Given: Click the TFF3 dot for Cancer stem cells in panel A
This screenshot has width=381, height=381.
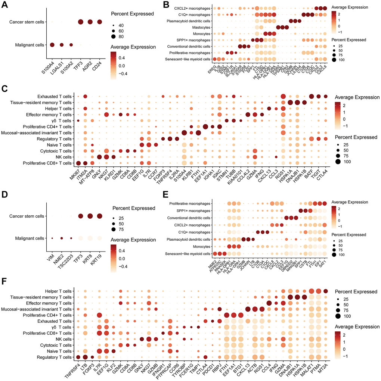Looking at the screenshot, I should click(x=80, y=22).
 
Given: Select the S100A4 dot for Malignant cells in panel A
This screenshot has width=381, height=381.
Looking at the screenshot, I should click(x=52, y=45).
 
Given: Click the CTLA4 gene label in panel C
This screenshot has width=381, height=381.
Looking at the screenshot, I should click(x=324, y=176).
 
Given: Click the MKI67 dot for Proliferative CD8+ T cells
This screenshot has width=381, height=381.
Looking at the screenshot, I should click(x=78, y=163).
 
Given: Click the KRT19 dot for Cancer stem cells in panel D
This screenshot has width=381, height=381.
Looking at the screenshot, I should click(x=100, y=216).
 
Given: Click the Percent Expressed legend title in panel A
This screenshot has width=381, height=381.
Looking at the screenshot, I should click(x=133, y=14).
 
